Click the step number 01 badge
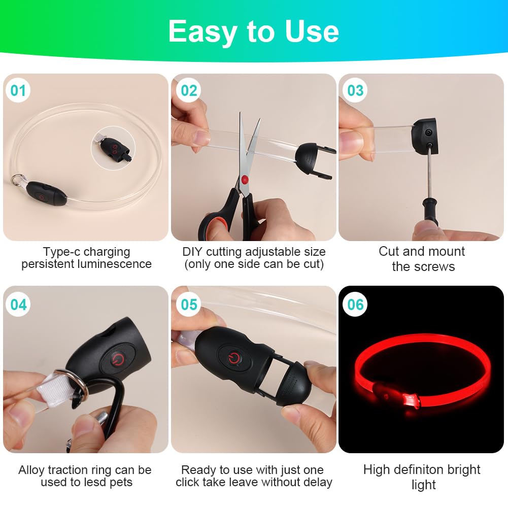(18, 90)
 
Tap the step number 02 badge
(189, 90)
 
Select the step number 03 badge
(355, 90)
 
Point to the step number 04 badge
(18, 304)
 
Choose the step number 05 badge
(189, 304)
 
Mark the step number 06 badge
(355, 304)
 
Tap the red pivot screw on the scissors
(245, 179)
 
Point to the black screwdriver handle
(430, 212)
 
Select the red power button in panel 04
(117, 360)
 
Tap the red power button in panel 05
(234, 358)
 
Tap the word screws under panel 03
(434, 267)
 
